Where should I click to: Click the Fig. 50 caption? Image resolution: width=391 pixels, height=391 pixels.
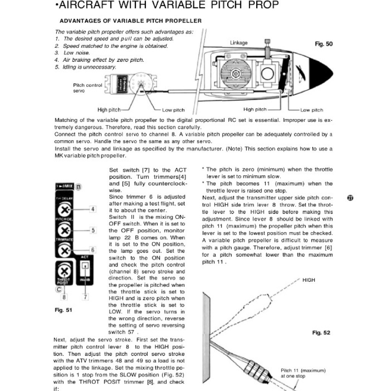(x=323, y=44)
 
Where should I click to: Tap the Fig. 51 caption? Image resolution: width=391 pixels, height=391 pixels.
(x=63, y=310)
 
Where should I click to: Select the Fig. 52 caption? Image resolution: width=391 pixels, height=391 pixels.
(x=321, y=333)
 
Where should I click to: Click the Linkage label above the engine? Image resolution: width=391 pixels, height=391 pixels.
(x=239, y=43)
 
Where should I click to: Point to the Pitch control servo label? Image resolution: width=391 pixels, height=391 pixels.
(x=87, y=88)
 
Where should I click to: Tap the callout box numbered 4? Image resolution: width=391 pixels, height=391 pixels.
(x=93, y=209)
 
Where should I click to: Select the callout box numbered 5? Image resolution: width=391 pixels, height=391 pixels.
(x=93, y=230)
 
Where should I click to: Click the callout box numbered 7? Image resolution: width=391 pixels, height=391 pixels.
(x=86, y=296)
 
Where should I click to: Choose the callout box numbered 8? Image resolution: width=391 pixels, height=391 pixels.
(x=65, y=296)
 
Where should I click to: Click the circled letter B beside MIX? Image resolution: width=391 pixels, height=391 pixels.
(x=79, y=187)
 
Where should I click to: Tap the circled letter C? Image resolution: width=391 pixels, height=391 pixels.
(x=58, y=289)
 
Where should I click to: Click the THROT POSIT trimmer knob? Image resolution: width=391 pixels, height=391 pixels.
(x=65, y=272)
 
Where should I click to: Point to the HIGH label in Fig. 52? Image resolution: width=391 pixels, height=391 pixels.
(x=309, y=280)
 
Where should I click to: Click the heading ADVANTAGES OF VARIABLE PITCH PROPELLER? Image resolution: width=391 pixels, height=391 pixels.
(x=131, y=21)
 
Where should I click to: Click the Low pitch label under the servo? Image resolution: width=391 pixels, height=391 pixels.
(x=173, y=110)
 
